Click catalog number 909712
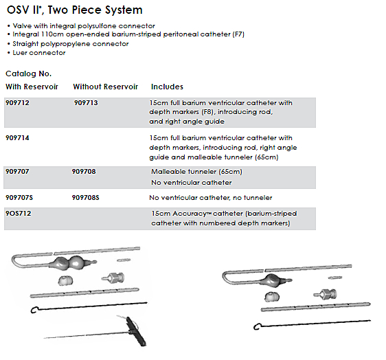point(17,102)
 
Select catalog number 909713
point(86,102)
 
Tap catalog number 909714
point(17,137)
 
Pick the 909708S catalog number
point(85,197)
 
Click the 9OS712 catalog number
point(19,213)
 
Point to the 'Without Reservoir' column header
point(105,87)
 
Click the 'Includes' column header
point(167,87)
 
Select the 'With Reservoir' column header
point(32,87)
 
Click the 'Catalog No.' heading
point(29,74)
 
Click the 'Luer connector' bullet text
point(39,53)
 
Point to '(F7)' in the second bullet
point(238,34)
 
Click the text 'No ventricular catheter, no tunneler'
point(211,198)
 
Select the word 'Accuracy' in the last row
point(190,214)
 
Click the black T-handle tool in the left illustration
point(136,331)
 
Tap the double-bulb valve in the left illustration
point(73,262)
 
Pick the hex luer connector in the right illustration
point(326,294)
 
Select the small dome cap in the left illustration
point(65,280)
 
